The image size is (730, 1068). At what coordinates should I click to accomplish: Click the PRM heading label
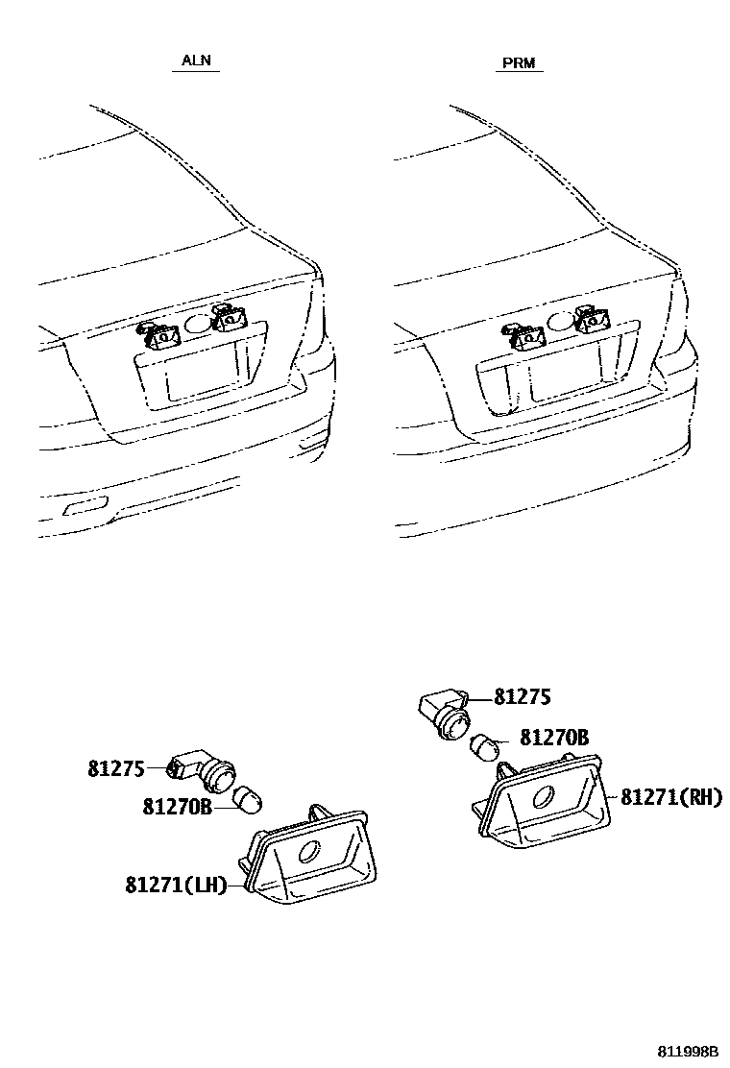(520, 64)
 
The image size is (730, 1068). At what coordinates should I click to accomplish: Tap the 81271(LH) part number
(176, 885)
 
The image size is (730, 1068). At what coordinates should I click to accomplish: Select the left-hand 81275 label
(116, 768)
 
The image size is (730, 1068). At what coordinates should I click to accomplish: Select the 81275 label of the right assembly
(523, 697)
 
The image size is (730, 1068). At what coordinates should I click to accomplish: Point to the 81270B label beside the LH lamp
(177, 807)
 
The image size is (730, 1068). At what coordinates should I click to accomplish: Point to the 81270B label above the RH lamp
(554, 737)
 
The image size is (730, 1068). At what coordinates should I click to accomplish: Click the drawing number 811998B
(688, 1052)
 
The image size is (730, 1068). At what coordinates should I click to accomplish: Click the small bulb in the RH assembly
(484, 745)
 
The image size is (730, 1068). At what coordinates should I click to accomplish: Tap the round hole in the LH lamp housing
(311, 851)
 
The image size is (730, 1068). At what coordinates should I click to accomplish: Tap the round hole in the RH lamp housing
(544, 797)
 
